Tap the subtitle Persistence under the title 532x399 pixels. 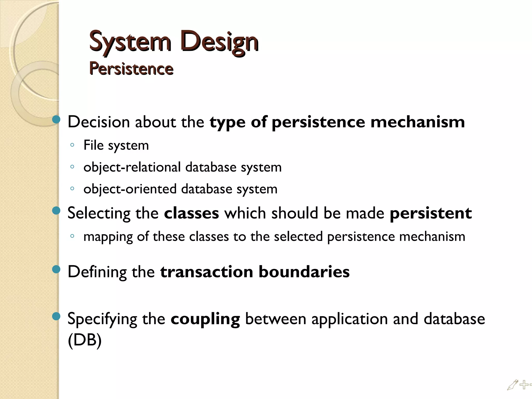[x=131, y=69]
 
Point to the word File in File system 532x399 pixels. [x=94, y=145]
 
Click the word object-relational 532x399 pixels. [x=132, y=167]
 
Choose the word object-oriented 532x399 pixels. [x=130, y=189]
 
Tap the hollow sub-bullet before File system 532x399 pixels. [x=72, y=145]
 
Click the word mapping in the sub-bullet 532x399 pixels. [x=108, y=237]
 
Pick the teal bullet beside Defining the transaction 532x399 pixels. [x=56, y=269]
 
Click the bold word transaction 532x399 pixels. [x=207, y=272]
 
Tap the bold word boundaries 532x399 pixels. [x=304, y=272]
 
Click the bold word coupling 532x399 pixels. [x=205, y=319]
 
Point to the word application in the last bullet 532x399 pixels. [x=350, y=319]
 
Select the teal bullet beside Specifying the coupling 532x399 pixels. [x=56, y=316]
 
